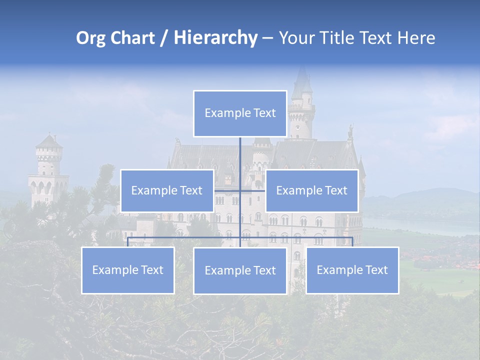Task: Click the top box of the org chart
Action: pyautogui.click(x=240, y=113)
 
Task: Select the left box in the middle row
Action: pyautogui.click(x=167, y=190)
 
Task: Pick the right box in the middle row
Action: pyautogui.click(x=311, y=190)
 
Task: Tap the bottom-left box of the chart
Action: pyautogui.click(x=127, y=270)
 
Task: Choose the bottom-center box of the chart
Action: pyautogui.click(x=240, y=270)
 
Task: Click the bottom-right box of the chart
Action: pyautogui.click(x=352, y=270)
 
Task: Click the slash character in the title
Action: pyautogui.click(x=164, y=38)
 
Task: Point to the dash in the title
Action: pyautogui.click(x=267, y=38)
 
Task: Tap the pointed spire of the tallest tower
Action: pyautogui.click(x=301, y=80)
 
